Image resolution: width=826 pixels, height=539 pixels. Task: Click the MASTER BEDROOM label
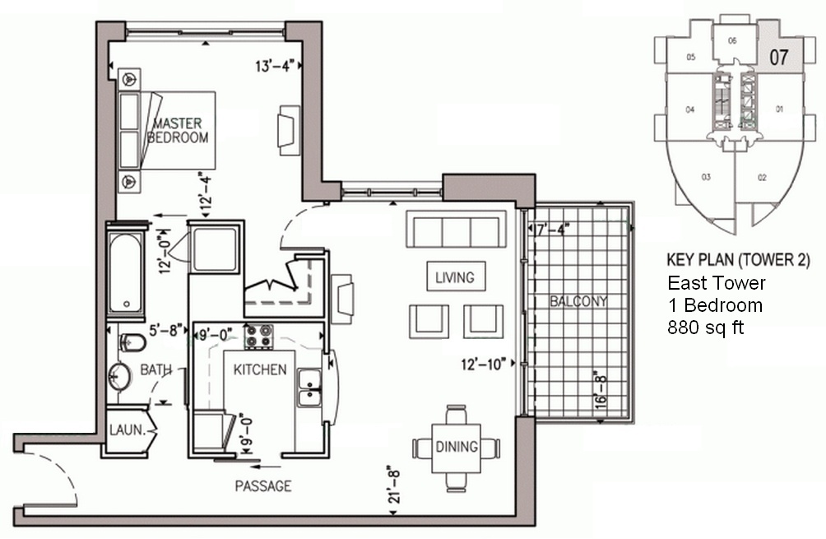[178, 131]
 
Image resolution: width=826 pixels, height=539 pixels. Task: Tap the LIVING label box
[456, 276]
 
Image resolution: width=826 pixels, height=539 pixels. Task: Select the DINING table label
[457, 447]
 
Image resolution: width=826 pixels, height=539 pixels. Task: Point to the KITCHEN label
[260, 369]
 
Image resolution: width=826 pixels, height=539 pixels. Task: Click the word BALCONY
[578, 301]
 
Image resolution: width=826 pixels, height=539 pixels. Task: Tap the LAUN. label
[127, 430]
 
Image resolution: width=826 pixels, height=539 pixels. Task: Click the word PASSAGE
[263, 486]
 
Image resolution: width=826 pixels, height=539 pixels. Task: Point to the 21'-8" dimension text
[394, 484]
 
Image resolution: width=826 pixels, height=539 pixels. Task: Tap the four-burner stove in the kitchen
[258, 336]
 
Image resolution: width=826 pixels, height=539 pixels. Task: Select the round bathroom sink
[119, 376]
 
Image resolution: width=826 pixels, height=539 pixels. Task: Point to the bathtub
[127, 272]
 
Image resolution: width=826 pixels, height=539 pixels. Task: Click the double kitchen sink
[309, 388]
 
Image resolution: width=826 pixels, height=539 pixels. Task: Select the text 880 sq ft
[705, 328]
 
